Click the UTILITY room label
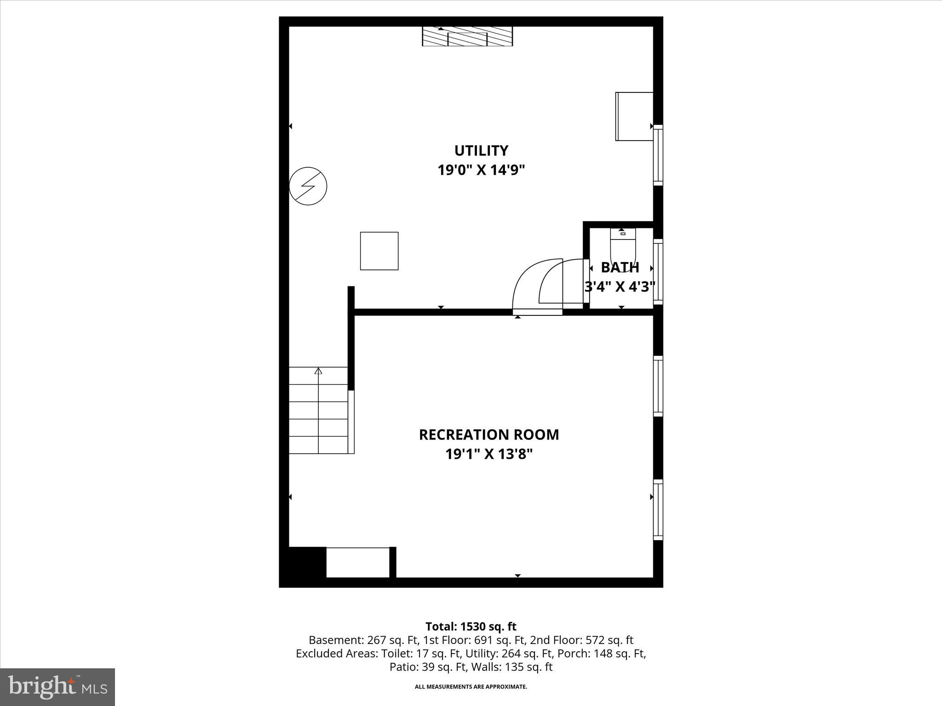(481, 151)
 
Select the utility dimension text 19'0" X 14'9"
(481, 171)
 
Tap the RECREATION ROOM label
(488, 435)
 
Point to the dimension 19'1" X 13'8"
(488, 455)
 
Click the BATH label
(620, 268)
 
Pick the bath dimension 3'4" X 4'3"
(620, 287)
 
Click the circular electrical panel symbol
(308, 186)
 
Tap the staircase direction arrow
(318, 371)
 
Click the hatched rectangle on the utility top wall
(467, 37)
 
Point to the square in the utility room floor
(379, 251)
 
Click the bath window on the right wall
(658, 271)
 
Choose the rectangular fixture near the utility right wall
(634, 116)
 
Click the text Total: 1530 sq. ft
(471, 626)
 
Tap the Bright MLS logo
(57, 687)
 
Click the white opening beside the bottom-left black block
(358, 563)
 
